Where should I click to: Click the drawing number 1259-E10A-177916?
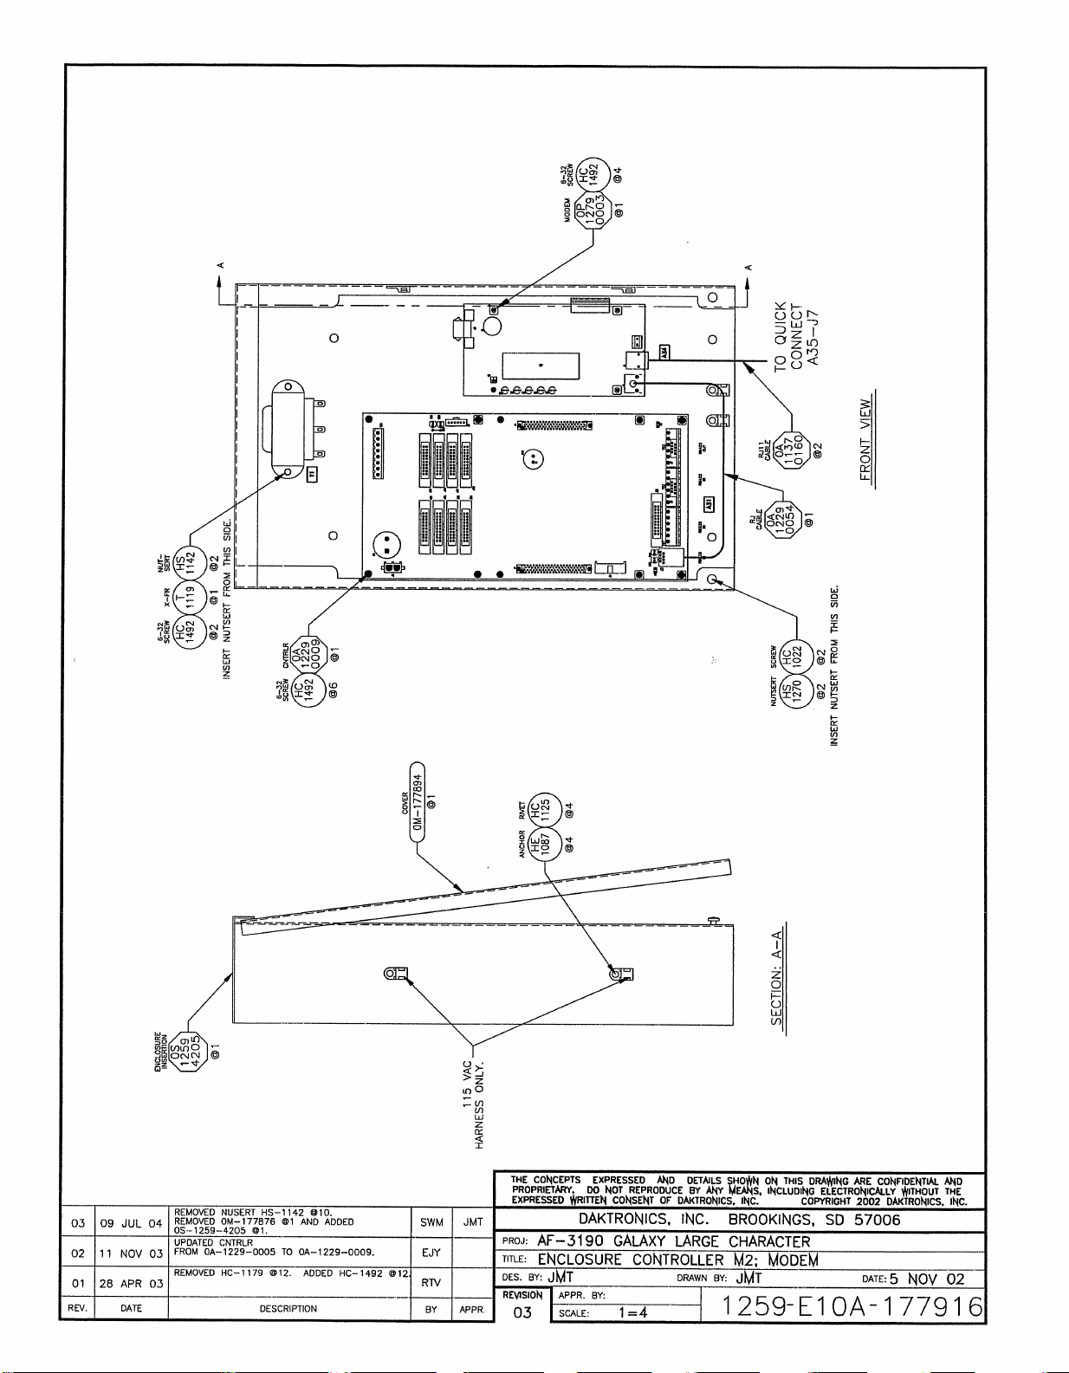(x=852, y=1307)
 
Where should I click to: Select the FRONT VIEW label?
(x=865, y=439)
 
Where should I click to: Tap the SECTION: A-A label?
(x=777, y=976)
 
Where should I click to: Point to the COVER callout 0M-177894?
(x=418, y=802)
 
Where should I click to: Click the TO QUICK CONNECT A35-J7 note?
(x=796, y=335)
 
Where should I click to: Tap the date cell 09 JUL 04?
(x=131, y=1223)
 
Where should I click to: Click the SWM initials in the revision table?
(x=431, y=1222)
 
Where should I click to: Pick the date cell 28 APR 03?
(x=131, y=1283)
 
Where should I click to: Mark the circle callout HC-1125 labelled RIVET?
(x=546, y=809)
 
